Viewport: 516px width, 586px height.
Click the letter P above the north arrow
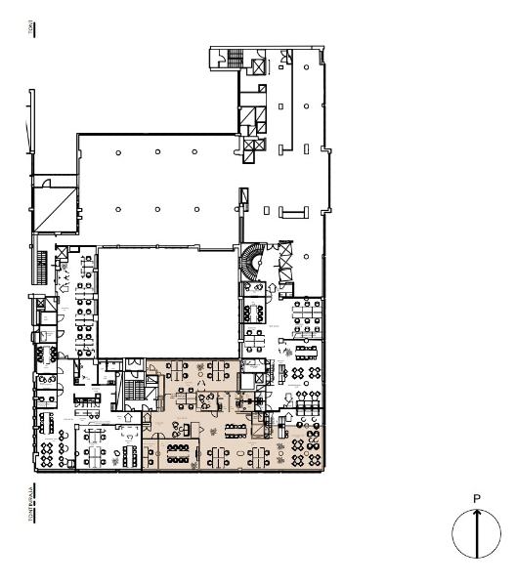coord(477,499)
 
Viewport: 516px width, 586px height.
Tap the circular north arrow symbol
coord(476,534)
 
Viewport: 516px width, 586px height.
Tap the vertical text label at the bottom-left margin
coord(32,507)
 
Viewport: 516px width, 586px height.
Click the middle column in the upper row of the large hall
coord(156,151)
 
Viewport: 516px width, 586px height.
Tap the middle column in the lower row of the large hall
coord(156,208)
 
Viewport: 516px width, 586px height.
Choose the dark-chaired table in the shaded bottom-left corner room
coord(178,452)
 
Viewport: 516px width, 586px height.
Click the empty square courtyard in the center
coord(170,303)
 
